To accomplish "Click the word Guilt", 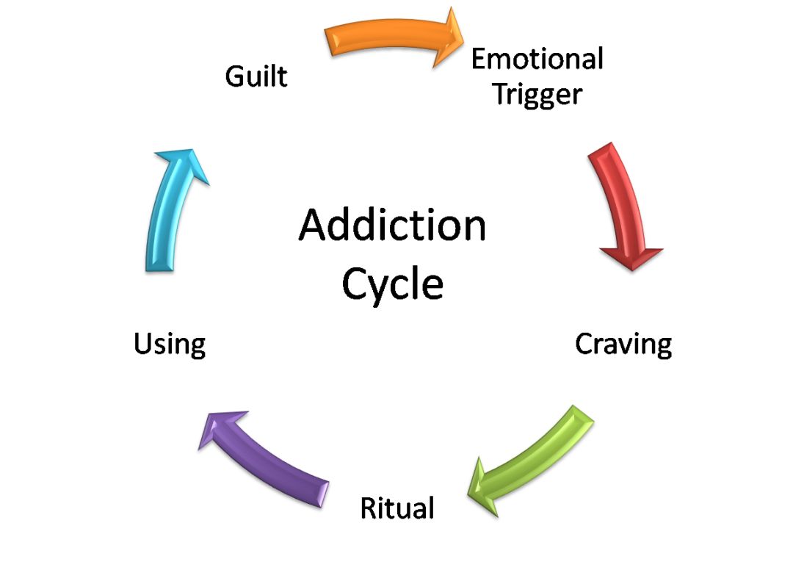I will click(x=256, y=76).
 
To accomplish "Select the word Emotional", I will click(x=537, y=58).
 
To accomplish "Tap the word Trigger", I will click(x=537, y=94).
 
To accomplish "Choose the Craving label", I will click(x=623, y=343).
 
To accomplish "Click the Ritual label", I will click(x=396, y=508).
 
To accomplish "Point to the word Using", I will click(x=169, y=343).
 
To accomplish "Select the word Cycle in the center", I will click(x=393, y=284).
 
